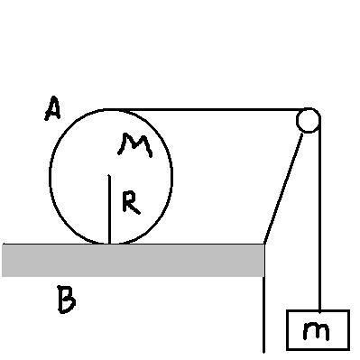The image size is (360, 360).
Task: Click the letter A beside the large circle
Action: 52,108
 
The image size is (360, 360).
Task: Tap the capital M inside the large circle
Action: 135,145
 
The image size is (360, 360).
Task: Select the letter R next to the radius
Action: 131,203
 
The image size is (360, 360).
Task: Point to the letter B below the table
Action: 67,300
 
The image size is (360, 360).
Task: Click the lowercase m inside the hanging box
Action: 316,330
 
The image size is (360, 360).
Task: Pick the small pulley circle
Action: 308,120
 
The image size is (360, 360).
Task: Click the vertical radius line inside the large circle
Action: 109,209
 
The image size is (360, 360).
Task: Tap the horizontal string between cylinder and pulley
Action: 205,110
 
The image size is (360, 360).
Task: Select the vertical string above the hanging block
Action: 319,215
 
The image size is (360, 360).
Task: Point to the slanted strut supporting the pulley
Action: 283,189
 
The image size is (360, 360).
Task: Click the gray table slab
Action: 134,261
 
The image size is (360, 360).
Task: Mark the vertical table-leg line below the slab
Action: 264,314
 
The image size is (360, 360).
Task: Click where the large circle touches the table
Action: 109,244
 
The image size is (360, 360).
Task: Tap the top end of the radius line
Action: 109,175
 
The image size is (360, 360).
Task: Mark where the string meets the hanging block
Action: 319,310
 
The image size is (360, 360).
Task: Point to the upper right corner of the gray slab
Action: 264,245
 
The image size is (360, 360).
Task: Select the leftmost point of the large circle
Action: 50,174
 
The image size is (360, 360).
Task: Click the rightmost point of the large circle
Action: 172,176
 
